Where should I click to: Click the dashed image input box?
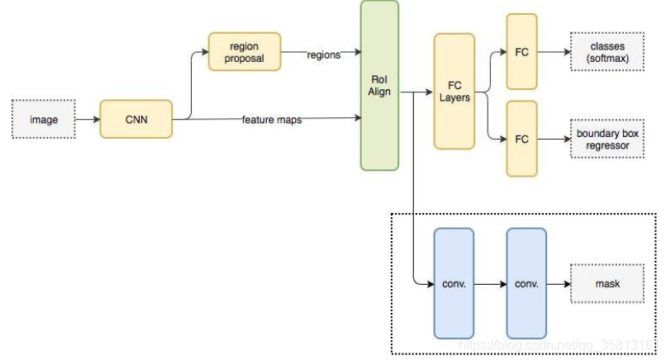tap(44, 120)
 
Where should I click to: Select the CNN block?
tap(136, 120)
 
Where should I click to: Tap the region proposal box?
tap(245, 53)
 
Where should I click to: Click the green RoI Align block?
tap(379, 85)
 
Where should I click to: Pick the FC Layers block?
tap(454, 91)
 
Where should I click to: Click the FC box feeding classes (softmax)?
tap(521, 52)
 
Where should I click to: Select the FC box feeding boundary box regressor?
tap(521, 139)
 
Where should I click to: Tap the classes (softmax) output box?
tap(607, 52)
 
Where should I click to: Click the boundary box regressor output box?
tap(607, 139)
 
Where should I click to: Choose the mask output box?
tap(607, 283)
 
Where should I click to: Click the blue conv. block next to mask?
tap(526, 283)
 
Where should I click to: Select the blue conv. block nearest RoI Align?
tap(454, 283)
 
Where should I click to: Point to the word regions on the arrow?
tap(323, 54)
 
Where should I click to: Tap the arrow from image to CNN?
tap(87, 120)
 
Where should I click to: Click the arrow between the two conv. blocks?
tap(490, 283)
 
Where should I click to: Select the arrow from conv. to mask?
tap(558, 283)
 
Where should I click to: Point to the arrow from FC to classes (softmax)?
tap(554, 52)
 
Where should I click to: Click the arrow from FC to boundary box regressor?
tap(554, 139)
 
